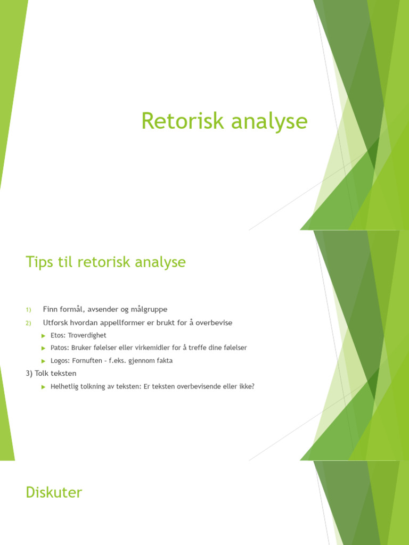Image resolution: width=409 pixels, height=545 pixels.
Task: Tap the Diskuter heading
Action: click(54, 492)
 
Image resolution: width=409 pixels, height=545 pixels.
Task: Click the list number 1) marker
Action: click(29, 310)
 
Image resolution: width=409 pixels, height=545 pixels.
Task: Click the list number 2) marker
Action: click(29, 323)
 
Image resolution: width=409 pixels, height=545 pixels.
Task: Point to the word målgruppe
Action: click(149, 309)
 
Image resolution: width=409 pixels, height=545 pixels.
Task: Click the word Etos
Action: click(58, 335)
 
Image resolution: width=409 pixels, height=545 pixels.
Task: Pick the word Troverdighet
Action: click(87, 335)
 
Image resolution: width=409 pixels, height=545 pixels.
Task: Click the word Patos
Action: click(59, 348)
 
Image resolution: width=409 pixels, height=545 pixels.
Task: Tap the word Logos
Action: click(60, 360)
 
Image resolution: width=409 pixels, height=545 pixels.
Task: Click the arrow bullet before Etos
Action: click(44, 335)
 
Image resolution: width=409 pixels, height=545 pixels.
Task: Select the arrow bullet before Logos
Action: click(44, 361)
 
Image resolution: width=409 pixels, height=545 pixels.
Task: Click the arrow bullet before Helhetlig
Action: click(44, 387)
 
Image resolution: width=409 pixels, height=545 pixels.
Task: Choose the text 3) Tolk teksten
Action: click(51, 374)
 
